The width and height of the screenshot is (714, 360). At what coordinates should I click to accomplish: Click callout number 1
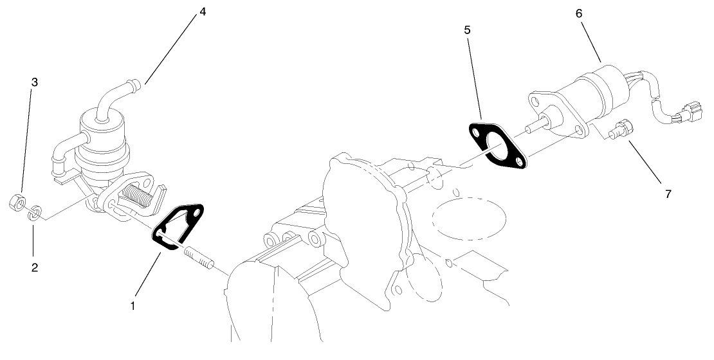click(x=133, y=306)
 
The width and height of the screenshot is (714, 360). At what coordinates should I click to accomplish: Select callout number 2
click(x=35, y=268)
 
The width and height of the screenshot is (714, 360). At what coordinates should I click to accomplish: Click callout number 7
click(x=668, y=194)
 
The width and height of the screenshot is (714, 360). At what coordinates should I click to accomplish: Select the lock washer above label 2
click(x=37, y=212)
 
